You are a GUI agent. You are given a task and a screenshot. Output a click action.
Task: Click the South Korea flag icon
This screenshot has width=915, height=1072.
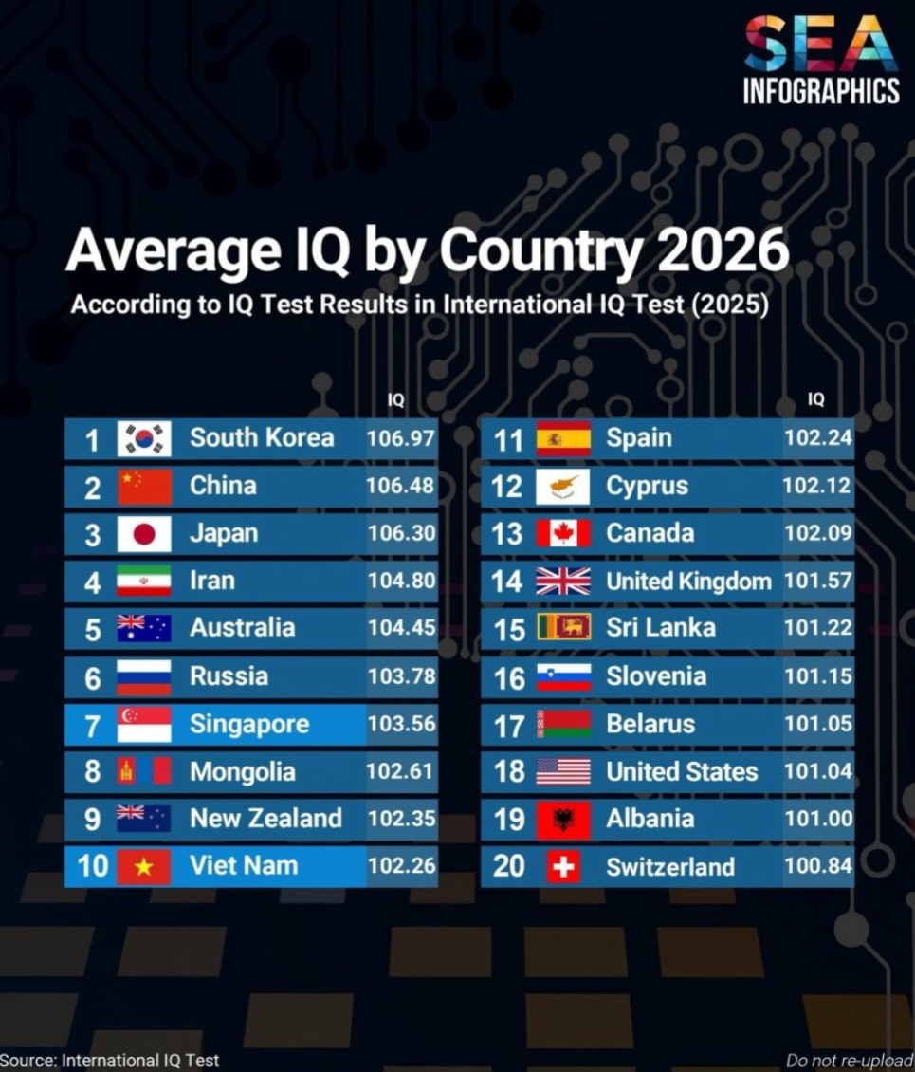[144, 438]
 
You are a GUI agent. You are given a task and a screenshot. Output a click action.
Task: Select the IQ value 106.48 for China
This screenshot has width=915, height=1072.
[401, 486]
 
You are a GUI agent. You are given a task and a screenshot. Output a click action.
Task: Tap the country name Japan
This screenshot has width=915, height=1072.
[224, 533]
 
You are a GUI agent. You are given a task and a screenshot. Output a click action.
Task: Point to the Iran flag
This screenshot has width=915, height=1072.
[144, 581]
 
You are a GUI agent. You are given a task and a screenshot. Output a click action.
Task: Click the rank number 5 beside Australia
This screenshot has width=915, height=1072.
[92, 629]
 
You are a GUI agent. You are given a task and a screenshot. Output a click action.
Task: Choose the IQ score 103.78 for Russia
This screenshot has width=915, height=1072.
[401, 676]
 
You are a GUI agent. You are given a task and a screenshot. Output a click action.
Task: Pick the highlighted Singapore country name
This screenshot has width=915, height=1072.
[249, 724]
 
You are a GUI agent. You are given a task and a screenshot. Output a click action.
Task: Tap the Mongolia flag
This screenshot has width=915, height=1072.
[144, 771]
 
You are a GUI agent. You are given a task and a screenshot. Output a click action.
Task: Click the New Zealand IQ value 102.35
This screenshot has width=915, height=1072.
[401, 819]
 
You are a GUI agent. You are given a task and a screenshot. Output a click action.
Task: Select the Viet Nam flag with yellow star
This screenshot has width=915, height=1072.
[144, 866]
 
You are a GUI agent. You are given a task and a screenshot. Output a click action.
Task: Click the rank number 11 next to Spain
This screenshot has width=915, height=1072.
[507, 439]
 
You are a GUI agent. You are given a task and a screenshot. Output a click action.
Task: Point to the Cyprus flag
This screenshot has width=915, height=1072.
[563, 487]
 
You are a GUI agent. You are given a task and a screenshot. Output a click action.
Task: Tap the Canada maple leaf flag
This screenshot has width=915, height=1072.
[563, 533]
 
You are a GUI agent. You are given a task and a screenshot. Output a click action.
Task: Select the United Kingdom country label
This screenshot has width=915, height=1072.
[688, 582]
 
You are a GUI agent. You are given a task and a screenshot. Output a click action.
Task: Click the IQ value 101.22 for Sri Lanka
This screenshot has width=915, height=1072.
[817, 628]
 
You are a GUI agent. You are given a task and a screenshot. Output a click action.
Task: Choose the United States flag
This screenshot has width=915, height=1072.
[563, 771]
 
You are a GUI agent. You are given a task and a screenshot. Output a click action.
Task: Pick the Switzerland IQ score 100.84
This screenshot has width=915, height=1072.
[817, 866]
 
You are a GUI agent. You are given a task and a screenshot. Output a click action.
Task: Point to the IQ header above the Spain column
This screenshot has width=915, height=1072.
[816, 399]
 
